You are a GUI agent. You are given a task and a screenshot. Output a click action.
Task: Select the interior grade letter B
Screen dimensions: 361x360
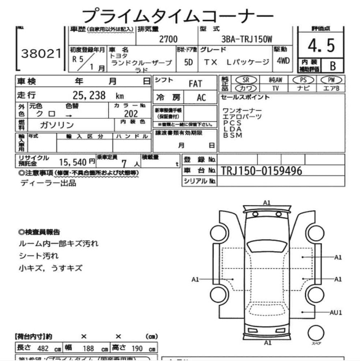[x=333, y=65]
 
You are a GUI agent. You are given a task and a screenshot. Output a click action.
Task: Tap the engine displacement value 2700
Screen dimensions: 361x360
[x=168, y=39]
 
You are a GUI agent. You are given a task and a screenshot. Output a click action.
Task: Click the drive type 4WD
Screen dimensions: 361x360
[x=283, y=61]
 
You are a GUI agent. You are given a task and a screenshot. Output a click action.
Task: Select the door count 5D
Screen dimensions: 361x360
[x=188, y=63]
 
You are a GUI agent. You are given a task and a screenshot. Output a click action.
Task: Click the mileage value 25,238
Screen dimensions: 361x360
[x=89, y=96]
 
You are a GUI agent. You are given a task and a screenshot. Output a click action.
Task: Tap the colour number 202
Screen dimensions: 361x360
[x=131, y=114]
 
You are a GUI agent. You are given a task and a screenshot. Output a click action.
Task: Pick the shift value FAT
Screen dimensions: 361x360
[x=195, y=84]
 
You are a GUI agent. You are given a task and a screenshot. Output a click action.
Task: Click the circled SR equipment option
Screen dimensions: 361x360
[x=246, y=80]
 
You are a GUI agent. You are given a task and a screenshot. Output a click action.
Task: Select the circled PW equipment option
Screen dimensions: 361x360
[x=332, y=80]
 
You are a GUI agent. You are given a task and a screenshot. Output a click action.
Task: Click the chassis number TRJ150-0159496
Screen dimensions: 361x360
[x=262, y=171]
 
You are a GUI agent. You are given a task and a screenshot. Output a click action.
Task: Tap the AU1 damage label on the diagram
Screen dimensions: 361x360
[x=336, y=312]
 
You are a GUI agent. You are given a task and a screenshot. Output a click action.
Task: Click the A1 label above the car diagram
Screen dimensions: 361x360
[x=267, y=202]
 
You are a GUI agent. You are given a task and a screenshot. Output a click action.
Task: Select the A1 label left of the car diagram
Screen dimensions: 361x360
[x=195, y=279]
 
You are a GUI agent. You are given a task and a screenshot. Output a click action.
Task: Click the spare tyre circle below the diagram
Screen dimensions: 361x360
[x=316, y=333]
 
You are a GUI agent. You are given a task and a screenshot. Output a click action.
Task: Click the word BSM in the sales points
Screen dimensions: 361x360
[x=232, y=135]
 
